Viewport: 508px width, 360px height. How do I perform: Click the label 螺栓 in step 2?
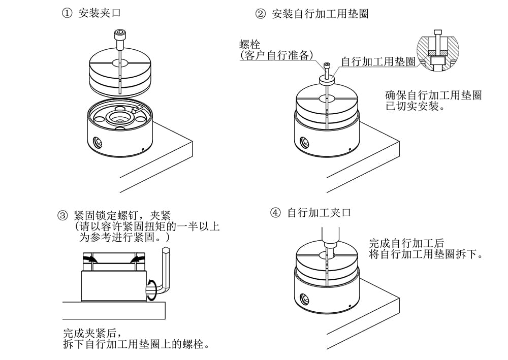pos(249,45)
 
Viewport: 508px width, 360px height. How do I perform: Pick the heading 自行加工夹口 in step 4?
pos(319,213)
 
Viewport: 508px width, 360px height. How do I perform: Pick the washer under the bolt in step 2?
pos(327,79)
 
